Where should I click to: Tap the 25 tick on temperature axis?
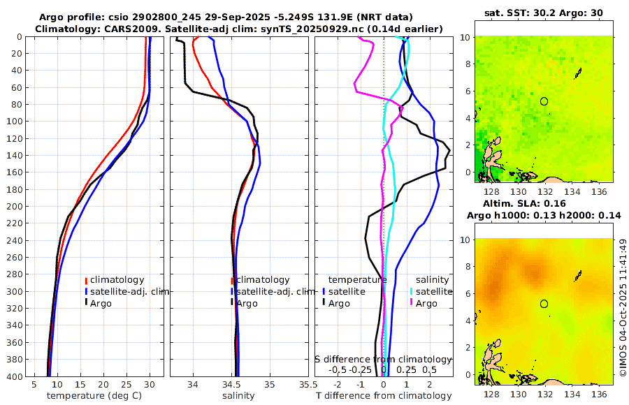(126, 384)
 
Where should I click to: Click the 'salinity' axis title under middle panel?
(238, 396)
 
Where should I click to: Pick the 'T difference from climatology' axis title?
(384, 396)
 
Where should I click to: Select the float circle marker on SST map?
(544, 101)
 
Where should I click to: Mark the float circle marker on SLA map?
(544, 304)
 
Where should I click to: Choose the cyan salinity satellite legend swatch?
(412, 292)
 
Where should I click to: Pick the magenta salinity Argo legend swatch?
(412, 303)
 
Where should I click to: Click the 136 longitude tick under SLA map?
(598, 393)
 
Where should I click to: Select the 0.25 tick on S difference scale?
(405, 369)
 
